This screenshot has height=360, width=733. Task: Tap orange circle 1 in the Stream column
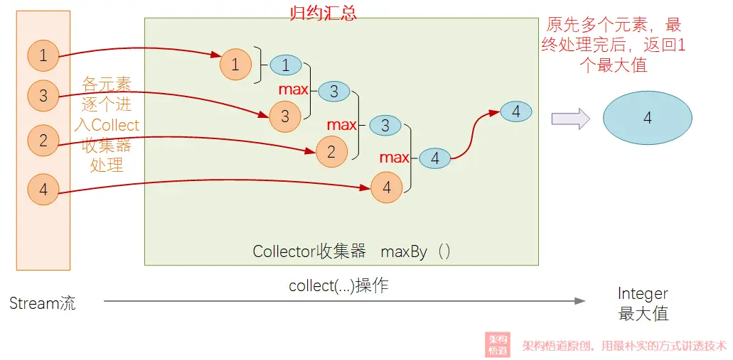click(x=43, y=56)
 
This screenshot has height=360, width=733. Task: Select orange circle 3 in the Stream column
click(x=43, y=96)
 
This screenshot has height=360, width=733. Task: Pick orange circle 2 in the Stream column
click(x=43, y=141)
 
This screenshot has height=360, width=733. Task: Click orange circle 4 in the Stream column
click(x=43, y=190)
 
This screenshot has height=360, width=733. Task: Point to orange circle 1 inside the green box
click(x=235, y=65)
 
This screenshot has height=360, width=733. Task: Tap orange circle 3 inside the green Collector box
click(x=285, y=116)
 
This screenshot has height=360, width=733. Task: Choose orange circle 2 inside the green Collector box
click(x=331, y=152)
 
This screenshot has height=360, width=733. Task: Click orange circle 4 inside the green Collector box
click(x=387, y=187)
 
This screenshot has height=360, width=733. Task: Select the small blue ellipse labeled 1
click(x=286, y=65)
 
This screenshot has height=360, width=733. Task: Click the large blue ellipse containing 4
click(x=648, y=119)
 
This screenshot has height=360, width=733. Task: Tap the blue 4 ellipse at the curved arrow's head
click(x=516, y=111)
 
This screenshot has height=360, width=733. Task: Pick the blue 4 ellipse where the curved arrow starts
click(x=434, y=159)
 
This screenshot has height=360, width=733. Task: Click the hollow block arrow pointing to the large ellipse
click(x=571, y=118)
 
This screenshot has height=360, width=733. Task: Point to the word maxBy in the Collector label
click(x=404, y=251)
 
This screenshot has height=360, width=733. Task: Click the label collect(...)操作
click(x=338, y=285)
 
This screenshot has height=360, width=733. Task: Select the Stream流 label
click(x=43, y=304)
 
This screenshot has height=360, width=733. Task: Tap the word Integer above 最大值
click(x=643, y=294)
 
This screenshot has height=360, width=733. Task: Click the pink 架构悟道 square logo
click(x=498, y=345)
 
